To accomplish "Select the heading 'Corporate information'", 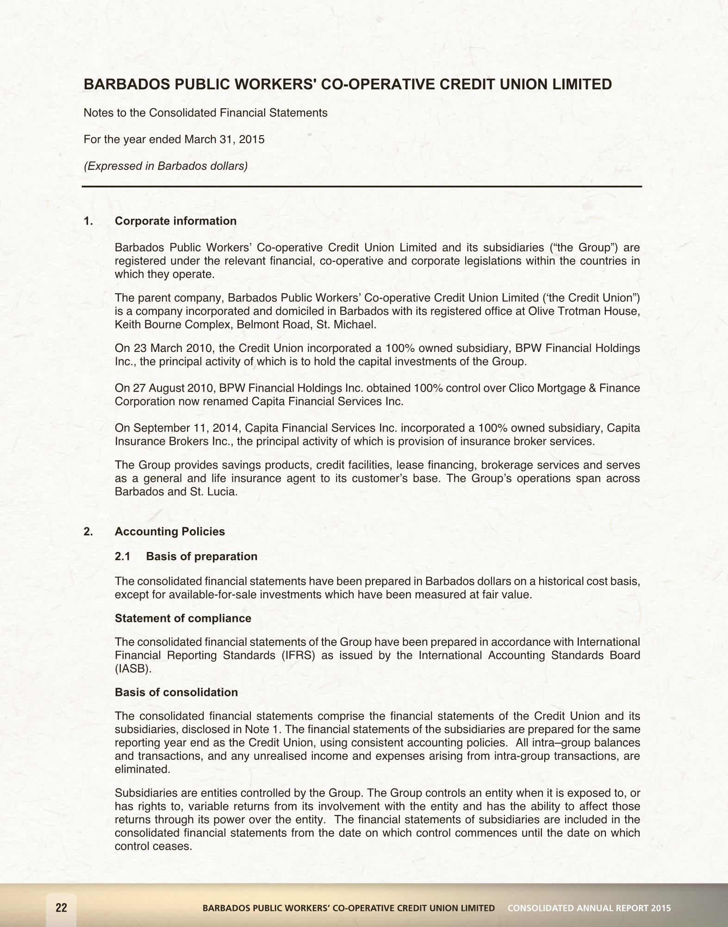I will (175, 221).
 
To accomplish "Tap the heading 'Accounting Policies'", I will (169, 531).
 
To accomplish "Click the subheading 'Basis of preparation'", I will (201, 556).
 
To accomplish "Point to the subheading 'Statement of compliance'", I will (183, 618).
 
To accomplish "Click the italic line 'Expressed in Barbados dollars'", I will (165, 166).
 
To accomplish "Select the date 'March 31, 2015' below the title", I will (224, 139).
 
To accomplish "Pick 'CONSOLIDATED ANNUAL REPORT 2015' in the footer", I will (589, 908).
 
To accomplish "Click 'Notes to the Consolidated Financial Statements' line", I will (205, 113).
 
